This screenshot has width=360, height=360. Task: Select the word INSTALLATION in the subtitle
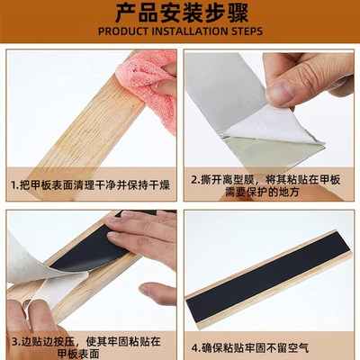point(190,31)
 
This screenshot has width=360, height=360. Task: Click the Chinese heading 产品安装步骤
point(179,13)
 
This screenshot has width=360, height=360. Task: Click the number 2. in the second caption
point(195,178)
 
